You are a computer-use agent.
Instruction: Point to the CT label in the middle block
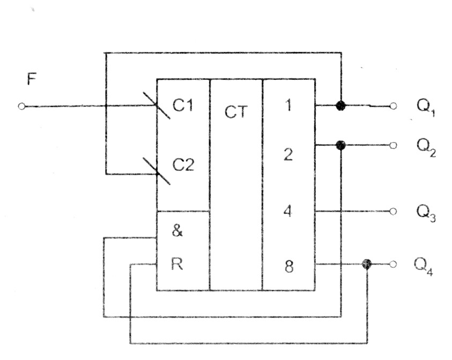tap(235, 113)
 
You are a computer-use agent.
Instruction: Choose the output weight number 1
tap(288, 106)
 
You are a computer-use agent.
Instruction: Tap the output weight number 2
tap(288, 155)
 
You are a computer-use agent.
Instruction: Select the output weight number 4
tap(288, 212)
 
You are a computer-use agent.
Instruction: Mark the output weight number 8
tap(288, 266)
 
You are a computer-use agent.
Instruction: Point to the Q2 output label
tap(426, 148)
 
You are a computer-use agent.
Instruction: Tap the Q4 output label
tap(425, 266)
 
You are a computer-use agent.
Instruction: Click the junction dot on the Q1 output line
tap(339, 106)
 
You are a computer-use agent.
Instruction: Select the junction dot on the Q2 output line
tap(339, 145)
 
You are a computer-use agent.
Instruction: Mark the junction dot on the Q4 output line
tap(367, 264)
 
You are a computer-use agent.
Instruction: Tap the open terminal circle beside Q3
tap(394, 212)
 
